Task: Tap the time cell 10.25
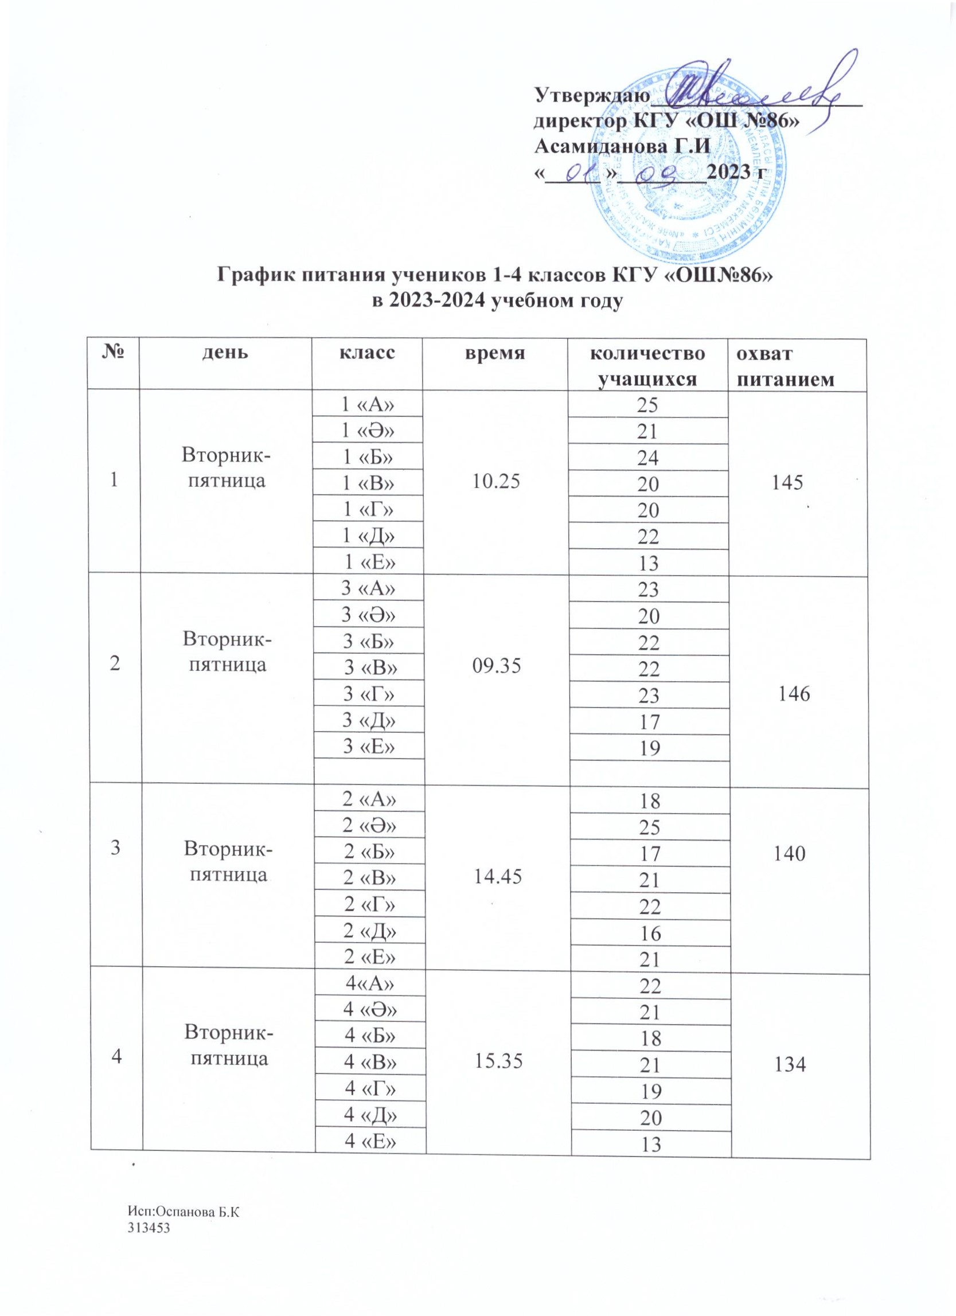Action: (495, 482)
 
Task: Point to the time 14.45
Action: (496, 878)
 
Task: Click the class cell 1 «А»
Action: (369, 404)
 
